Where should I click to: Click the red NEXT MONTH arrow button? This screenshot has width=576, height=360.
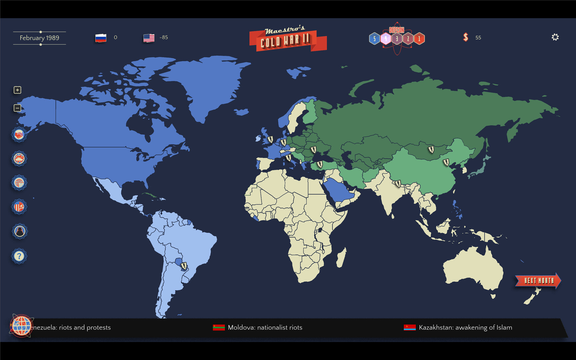(538, 281)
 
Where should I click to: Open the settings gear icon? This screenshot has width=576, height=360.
(555, 37)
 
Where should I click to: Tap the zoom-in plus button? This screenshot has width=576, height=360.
(17, 90)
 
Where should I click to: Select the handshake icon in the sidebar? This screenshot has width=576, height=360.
(19, 135)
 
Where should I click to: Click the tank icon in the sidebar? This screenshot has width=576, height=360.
(19, 159)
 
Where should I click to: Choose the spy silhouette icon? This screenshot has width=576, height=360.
(19, 231)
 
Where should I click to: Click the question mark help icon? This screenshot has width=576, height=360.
(19, 256)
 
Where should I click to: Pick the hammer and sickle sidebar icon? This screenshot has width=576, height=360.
(19, 207)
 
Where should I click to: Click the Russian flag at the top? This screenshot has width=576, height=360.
(101, 38)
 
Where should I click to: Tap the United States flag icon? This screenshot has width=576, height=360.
(149, 38)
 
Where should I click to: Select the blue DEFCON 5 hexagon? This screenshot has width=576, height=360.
(374, 39)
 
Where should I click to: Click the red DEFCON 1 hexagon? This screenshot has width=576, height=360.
(419, 39)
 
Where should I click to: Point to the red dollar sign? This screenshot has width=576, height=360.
(466, 37)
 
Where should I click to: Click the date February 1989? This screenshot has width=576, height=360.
(39, 38)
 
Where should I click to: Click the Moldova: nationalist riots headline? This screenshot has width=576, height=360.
(265, 327)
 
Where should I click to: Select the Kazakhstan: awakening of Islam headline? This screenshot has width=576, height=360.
(465, 327)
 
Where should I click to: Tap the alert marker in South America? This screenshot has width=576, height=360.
(184, 266)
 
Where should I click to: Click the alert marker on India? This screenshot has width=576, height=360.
(398, 183)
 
